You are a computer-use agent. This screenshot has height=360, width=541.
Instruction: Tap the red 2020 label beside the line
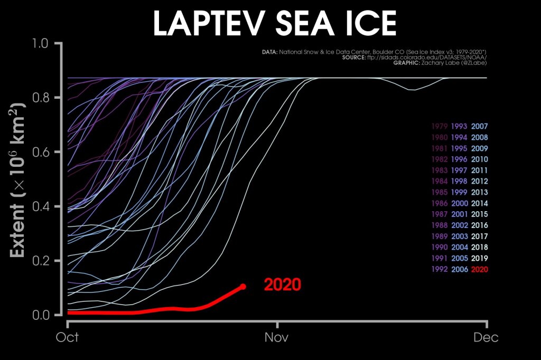coord(282,285)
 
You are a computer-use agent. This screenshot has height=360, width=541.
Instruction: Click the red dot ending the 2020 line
coord(243,287)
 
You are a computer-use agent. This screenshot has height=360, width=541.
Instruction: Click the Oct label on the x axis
coord(68,337)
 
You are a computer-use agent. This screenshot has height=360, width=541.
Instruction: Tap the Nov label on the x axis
coord(277,337)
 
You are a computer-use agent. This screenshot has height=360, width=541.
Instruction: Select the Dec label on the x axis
coord(486,337)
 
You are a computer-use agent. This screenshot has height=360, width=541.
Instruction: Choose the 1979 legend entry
coord(440,127)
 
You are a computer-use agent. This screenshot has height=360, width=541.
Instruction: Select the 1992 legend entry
coord(440,270)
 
